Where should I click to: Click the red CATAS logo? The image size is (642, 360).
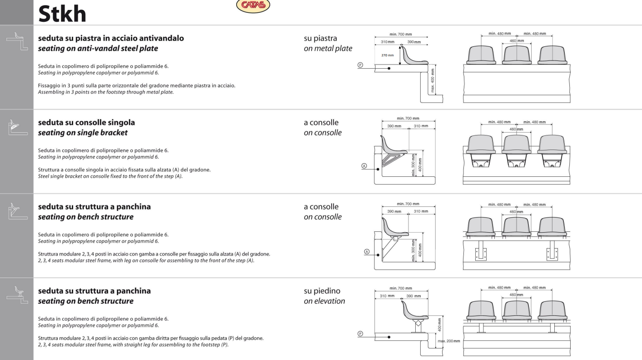pyautogui.click(x=253, y=5)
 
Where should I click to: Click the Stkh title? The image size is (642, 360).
pyautogui.click(x=62, y=14)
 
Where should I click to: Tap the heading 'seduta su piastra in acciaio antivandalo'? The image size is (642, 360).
pyautogui.click(x=111, y=38)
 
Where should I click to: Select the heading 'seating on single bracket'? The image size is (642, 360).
pyautogui.click(x=83, y=133)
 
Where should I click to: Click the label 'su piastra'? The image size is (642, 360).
pyautogui.click(x=320, y=38)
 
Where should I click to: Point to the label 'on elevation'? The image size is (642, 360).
pyautogui.click(x=324, y=301)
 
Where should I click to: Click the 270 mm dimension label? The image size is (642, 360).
pyautogui.click(x=388, y=55)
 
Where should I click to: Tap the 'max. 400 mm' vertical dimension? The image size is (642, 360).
pyautogui.click(x=433, y=80)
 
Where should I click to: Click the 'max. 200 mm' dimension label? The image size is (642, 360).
pyautogui.click(x=449, y=341)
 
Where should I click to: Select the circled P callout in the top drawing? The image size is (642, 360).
pyautogui.click(x=360, y=65)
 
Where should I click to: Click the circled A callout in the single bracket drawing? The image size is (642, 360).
pyautogui.click(x=364, y=166)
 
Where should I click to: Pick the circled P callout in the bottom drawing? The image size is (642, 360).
pyautogui.click(x=360, y=334)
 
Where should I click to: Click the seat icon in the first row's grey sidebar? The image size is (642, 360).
pyautogui.click(x=17, y=41)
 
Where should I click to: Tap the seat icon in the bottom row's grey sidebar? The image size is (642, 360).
pyautogui.click(x=17, y=295)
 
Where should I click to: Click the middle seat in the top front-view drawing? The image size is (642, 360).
pyautogui.click(x=517, y=55)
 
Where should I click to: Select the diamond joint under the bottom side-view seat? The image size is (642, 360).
pyautogui.click(x=418, y=323)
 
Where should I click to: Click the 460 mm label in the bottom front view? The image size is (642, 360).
pyautogui.click(x=517, y=295)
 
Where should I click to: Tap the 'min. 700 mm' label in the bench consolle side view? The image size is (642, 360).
pyautogui.click(x=408, y=204)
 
